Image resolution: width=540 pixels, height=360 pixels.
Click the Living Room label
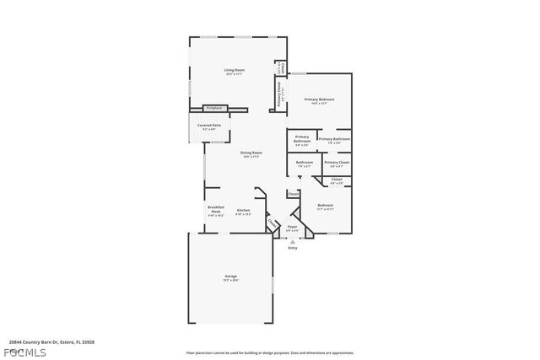pos(234,70)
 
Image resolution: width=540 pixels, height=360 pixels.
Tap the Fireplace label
pos(214,108)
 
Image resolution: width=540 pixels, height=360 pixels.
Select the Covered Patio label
pos(209,125)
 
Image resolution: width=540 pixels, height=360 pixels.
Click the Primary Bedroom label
pos(319,99)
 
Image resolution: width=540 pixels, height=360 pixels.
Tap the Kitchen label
pos(243,210)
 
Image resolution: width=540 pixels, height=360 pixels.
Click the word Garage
pos(230,276)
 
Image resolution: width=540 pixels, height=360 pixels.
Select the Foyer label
pos(292,227)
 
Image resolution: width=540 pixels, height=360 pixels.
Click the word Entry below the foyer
pos(293,248)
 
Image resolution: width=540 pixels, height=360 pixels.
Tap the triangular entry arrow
pos(293,241)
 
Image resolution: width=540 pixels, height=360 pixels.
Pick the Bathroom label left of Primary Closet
pos(304,162)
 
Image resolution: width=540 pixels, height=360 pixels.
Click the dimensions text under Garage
pos(230,281)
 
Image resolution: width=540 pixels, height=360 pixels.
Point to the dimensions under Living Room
pos(234,75)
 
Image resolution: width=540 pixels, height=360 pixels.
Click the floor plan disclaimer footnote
pos(270,352)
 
